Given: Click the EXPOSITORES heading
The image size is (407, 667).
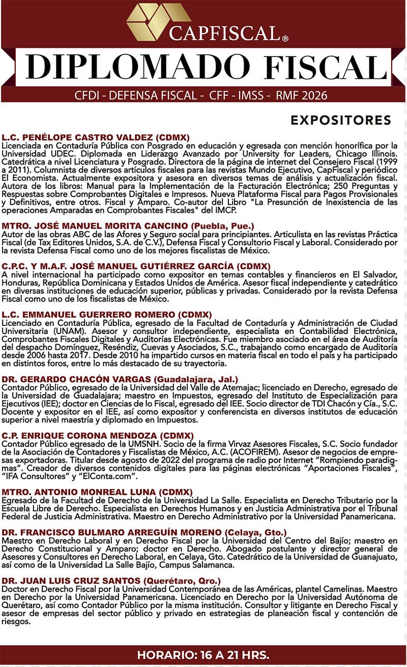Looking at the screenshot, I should (x=340, y=121).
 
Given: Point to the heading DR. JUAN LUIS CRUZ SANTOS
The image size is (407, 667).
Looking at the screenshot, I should (x=71, y=581).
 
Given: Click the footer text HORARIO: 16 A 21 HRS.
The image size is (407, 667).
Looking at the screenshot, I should (x=203, y=654).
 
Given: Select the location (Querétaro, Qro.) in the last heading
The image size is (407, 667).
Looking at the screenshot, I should (x=183, y=581).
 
